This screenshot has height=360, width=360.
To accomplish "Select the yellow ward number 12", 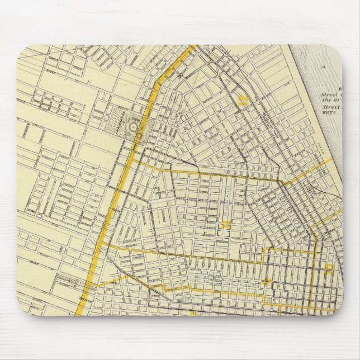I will point(243,100).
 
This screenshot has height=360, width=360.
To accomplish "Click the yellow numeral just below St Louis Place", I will point(226,225).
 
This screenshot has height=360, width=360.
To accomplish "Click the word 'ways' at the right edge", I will point(327,111).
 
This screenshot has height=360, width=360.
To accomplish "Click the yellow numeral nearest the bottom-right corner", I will point(330,268).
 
